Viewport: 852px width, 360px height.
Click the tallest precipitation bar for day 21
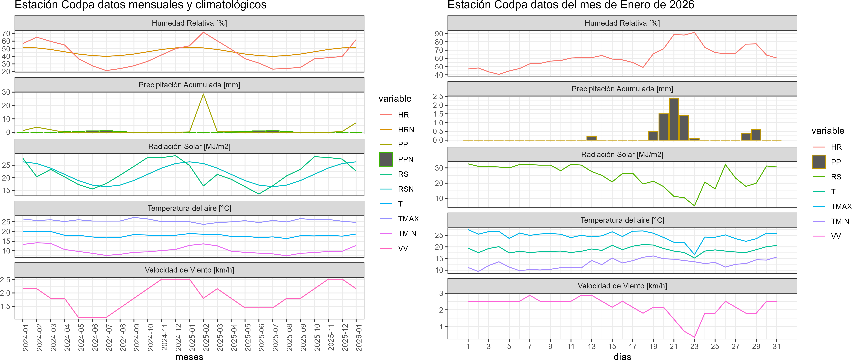674,119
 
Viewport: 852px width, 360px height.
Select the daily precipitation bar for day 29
756,135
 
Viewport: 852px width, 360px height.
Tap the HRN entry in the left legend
406,130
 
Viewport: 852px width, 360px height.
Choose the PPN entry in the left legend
405,159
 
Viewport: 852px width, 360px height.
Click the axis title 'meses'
189,356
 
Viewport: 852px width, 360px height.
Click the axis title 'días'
622,356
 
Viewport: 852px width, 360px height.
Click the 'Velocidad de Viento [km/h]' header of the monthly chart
189,270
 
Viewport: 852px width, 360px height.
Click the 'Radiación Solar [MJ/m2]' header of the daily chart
622,154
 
